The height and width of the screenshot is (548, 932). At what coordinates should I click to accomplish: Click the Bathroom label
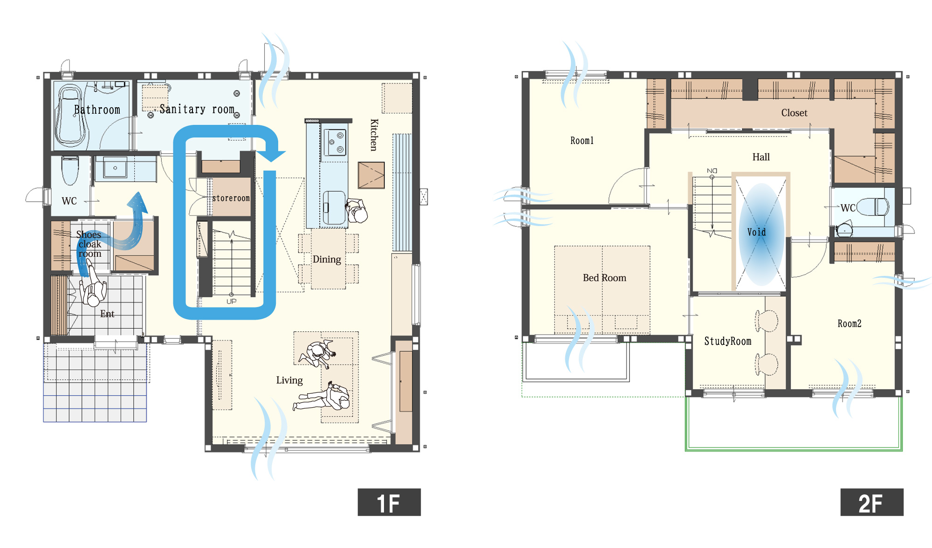tap(97, 110)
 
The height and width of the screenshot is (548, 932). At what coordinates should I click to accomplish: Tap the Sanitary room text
tap(197, 109)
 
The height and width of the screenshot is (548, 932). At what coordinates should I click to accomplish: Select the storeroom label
tap(231, 198)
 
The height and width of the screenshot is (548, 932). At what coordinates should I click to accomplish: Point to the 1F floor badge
tap(389, 502)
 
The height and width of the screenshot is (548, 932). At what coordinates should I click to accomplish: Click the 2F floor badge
tap(871, 502)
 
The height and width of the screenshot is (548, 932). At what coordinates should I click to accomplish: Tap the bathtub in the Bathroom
tap(71, 115)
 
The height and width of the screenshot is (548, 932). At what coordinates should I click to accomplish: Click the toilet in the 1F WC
tap(70, 171)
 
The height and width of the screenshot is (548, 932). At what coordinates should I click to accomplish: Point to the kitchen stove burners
tap(335, 142)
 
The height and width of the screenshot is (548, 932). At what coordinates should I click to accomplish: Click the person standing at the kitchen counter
tap(357, 211)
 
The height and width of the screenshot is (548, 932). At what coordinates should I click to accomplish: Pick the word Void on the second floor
tap(756, 232)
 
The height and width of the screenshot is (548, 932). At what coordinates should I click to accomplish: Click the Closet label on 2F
tap(794, 113)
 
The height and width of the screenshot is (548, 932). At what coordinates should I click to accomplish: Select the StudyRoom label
tap(727, 341)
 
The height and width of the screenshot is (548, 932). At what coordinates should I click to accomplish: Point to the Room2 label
tap(849, 323)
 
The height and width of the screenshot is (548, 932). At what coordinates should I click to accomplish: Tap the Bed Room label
tap(604, 278)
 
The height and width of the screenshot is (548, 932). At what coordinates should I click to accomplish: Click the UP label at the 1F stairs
tap(232, 301)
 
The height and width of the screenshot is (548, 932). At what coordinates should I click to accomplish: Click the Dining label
tap(327, 260)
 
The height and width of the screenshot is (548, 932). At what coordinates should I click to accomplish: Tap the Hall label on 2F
tap(761, 157)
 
